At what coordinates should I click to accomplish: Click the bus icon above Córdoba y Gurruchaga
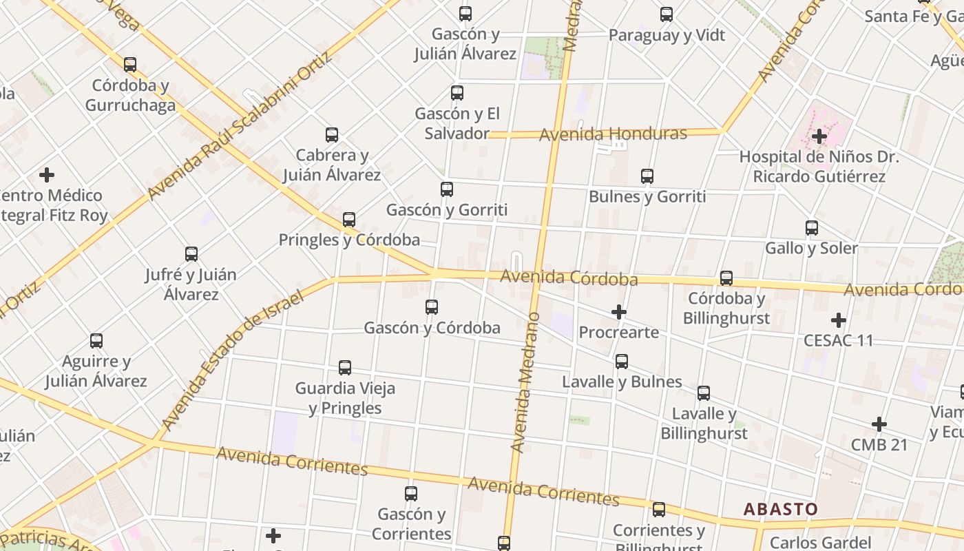pyautogui.click(x=130, y=65)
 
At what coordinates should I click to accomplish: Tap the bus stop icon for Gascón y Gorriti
pyautogui.click(x=447, y=189)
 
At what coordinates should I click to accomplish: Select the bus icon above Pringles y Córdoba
pyautogui.click(x=349, y=220)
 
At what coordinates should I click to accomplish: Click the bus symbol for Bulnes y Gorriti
pyautogui.click(x=647, y=176)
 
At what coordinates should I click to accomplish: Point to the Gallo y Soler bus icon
pyautogui.click(x=812, y=227)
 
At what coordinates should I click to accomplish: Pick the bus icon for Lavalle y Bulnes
pyautogui.click(x=622, y=361)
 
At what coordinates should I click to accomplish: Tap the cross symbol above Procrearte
pyautogui.click(x=619, y=312)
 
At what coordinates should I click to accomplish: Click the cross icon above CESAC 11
pyautogui.click(x=838, y=320)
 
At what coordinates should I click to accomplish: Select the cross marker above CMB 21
pyautogui.click(x=879, y=424)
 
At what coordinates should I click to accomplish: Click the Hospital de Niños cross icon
pyautogui.click(x=819, y=136)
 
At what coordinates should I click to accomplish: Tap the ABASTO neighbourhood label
pyautogui.click(x=781, y=510)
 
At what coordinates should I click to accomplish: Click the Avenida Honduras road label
pyautogui.click(x=613, y=134)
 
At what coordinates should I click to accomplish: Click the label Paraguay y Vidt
pyautogui.click(x=667, y=35)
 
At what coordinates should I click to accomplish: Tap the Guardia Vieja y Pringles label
pyautogui.click(x=345, y=398)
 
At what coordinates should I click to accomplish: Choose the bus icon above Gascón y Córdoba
pyautogui.click(x=432, y=306)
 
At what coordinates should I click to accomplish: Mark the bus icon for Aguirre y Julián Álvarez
pyautogui.click(x=96, y=340)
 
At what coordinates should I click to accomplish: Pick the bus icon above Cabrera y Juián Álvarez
pyautogui.click(x=332, y=134)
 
